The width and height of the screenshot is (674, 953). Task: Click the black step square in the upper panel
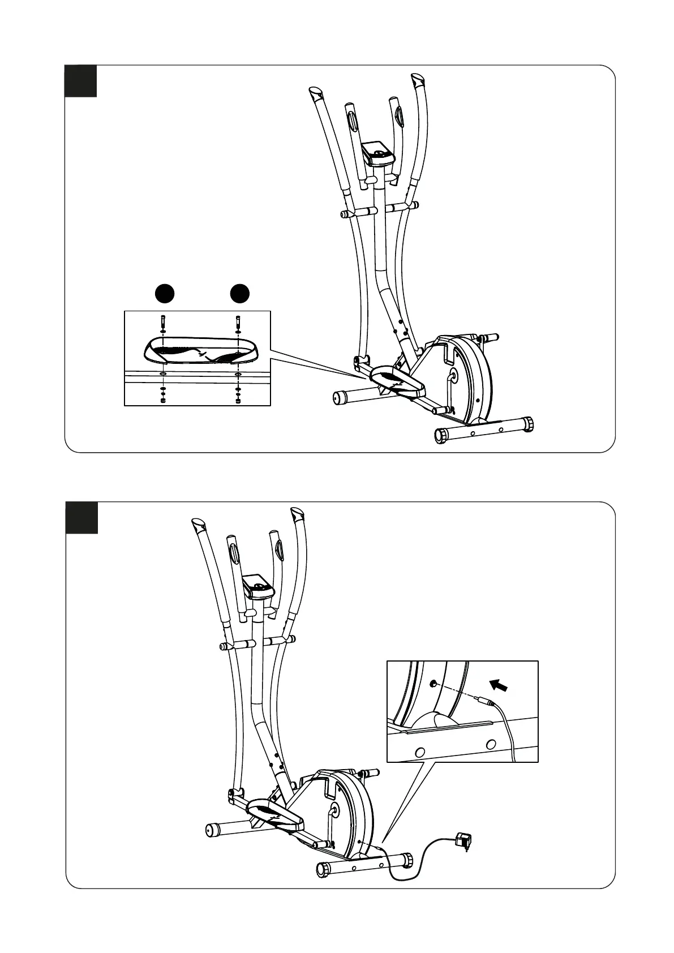[80, 81]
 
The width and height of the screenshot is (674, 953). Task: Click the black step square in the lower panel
[81, 517]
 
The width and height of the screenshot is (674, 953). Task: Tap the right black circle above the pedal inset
[240, 293]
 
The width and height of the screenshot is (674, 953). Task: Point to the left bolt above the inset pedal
[163, 321]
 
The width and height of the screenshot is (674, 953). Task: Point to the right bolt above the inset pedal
[237, 321]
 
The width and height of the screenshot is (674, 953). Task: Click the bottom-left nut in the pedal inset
[163, 401]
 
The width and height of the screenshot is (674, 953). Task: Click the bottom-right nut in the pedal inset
[237, 401]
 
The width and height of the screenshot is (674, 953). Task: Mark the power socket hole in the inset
[433, 684]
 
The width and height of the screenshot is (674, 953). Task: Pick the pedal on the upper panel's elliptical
[396, 381]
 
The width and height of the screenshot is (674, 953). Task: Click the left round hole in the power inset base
[419, 752]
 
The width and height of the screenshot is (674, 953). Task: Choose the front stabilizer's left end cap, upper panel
[440, 436]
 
